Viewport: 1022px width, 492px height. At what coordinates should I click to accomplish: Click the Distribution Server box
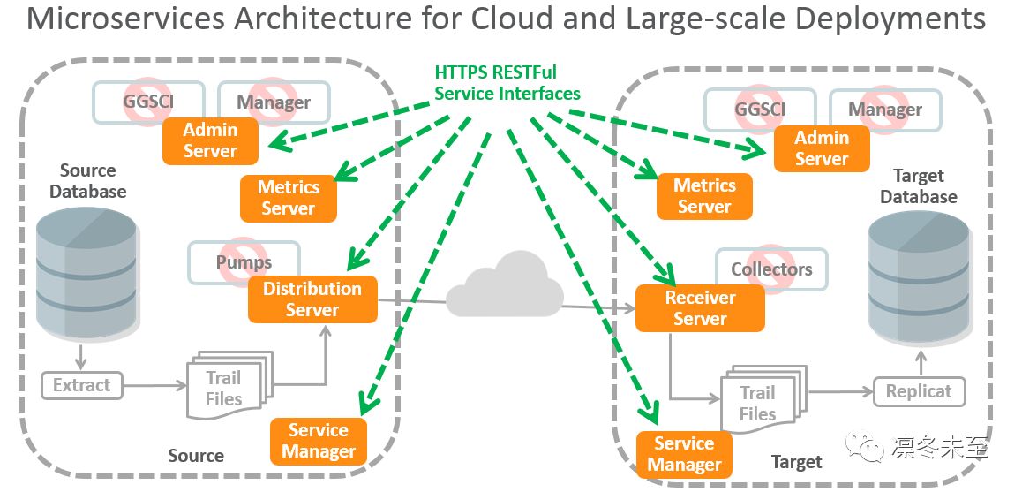[312, 299]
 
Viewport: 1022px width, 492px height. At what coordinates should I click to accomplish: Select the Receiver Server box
[700, 308]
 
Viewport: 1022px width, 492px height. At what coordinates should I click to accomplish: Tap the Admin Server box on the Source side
[210, 140]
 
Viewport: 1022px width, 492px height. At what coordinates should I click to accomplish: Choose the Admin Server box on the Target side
[821, 148]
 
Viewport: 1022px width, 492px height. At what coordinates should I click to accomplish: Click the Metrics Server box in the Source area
[289, 198]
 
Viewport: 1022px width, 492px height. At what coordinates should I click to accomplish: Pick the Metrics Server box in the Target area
[704, 196]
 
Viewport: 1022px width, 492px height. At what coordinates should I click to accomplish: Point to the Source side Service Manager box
[319, 441]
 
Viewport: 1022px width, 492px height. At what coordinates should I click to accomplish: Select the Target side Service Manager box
[684, 454]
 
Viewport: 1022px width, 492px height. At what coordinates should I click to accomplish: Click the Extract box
[81, 385]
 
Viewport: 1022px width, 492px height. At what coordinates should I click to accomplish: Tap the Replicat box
[919, 391]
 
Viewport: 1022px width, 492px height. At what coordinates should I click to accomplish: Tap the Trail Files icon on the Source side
[224, 387]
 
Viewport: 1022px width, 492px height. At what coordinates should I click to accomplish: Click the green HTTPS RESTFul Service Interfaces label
[507, 83]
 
